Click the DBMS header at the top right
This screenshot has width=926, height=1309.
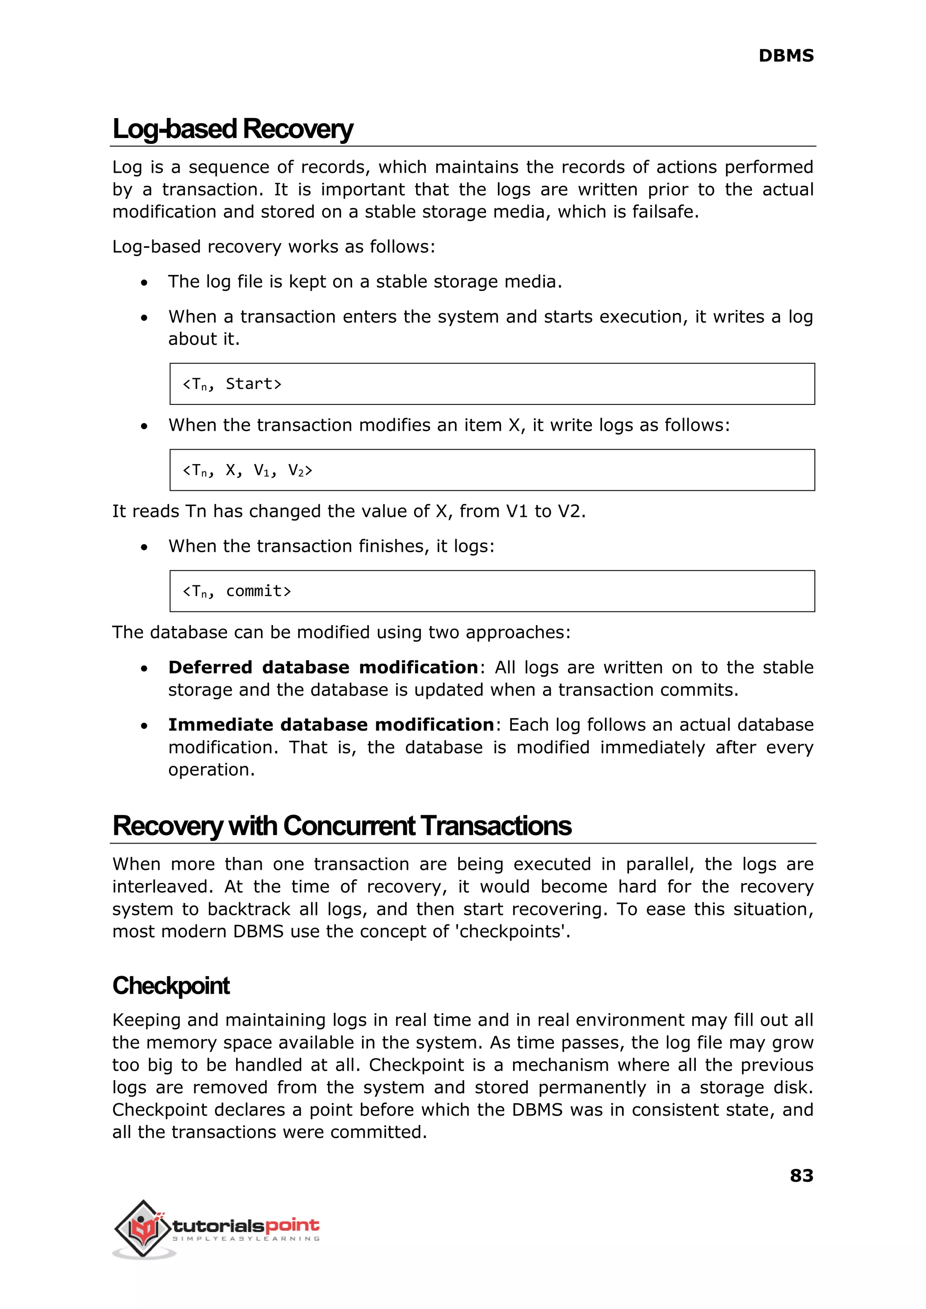(785, 56)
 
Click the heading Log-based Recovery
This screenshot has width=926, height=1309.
(233, 129)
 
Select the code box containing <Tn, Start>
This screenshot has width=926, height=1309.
(491, 384)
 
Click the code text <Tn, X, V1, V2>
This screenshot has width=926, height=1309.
(247, 470)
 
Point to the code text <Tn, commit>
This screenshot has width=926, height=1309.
(236, 592)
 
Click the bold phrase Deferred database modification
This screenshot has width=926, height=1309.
(323, 667)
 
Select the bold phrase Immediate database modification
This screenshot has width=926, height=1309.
(331, 725)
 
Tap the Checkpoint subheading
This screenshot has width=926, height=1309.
(170, 986)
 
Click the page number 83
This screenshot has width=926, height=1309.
(801, 1176)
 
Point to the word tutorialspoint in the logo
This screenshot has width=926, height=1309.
(245, 1225)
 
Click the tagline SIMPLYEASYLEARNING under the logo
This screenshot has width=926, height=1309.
(246, 1239)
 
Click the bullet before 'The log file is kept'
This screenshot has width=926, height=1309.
(144, 283)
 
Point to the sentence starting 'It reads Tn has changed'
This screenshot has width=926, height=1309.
(349, 511)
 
